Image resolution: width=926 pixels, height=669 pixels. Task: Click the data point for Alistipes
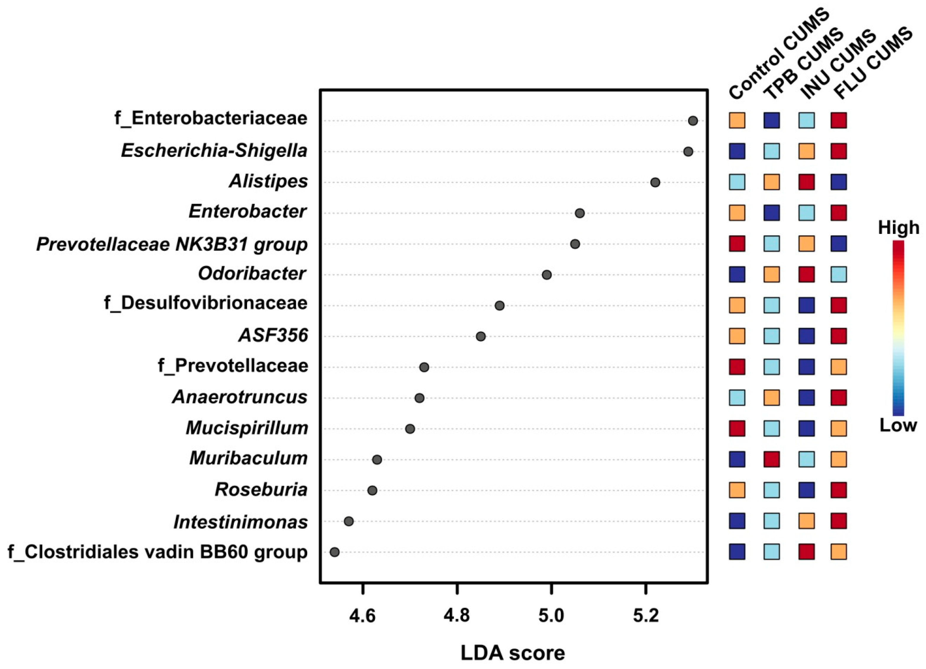click(655, 183)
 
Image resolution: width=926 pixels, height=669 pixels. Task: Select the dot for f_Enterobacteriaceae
click(693, 121)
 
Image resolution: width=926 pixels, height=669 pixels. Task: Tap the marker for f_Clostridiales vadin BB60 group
click(334, 552)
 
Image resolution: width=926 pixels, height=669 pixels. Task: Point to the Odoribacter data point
click(547, 275)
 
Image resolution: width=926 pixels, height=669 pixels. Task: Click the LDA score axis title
click(513, 653)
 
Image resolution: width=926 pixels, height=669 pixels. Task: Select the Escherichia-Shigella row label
click(214, 151)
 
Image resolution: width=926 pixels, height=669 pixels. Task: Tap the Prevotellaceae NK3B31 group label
click(172, 244)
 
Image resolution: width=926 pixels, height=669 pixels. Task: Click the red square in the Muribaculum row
click(771, 459)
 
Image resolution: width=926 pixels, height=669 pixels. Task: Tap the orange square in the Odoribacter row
click(771, 274)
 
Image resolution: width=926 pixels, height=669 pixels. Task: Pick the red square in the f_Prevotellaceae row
click(737, 367)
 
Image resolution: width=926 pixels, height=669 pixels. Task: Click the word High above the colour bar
click(898, 228)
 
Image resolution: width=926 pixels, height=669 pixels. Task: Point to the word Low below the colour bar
click(898, 426)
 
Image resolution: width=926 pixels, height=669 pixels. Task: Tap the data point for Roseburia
click(372, 491)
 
